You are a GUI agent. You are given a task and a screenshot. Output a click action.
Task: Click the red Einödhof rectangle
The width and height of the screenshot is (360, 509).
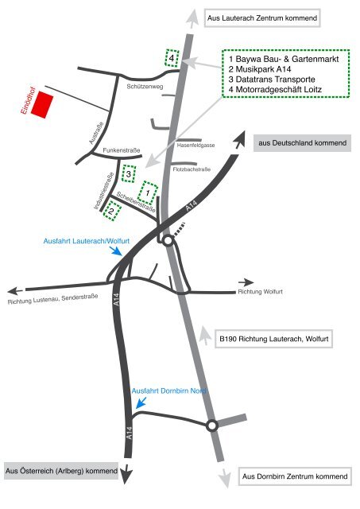(x=42, y=105)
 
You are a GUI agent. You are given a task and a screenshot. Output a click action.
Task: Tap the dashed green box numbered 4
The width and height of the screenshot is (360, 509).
(x=172, y=58)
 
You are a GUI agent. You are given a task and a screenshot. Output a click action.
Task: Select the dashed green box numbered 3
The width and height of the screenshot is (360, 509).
(x=129, y=173)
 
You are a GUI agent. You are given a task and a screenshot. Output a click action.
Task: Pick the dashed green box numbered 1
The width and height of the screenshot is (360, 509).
(x=148, y=192)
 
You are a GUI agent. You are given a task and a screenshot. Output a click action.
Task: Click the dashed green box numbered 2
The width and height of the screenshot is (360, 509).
(x=112, y=212)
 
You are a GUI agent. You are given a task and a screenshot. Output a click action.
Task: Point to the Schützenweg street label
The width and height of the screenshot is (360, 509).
(x=145, y=87)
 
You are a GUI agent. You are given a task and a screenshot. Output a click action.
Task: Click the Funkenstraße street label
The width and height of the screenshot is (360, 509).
(x=122, y=150)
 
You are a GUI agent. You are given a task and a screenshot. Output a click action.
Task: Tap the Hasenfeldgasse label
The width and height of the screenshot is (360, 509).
(x=195, y=146)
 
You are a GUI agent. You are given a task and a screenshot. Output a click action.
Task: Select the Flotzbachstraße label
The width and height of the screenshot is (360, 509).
(x=192, y=169)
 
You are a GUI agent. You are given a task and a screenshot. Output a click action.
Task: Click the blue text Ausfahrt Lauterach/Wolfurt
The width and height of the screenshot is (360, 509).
(x=87, y=241)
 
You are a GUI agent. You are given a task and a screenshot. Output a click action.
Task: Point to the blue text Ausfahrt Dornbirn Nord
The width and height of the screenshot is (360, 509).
(x=169, y=391)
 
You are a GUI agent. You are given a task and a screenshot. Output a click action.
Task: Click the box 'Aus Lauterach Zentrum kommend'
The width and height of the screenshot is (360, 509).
(x=262, y=17)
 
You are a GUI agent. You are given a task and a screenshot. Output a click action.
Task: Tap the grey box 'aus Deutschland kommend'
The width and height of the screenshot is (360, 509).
(x=302, y=143)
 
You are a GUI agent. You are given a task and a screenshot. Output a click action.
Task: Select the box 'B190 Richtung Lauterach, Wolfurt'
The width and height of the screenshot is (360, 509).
(x=274, y=340)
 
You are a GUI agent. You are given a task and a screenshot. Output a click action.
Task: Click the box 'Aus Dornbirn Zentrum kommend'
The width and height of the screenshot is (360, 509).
(x=295, y=476)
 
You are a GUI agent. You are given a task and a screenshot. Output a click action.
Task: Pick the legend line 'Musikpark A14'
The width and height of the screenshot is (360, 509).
(x=260, y=69)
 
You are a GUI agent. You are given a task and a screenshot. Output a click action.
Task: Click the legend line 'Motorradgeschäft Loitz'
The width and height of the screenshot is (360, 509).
(x=275, y=90)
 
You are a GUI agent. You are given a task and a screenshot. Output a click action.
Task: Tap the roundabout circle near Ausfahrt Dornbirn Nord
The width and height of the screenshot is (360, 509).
(x=211, y=425)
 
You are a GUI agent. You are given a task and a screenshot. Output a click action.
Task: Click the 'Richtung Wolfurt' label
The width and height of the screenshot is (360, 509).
(x=260, y=292)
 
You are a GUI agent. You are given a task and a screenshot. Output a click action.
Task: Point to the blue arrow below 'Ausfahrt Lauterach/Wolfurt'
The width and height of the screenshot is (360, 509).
(x=115, y=251)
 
